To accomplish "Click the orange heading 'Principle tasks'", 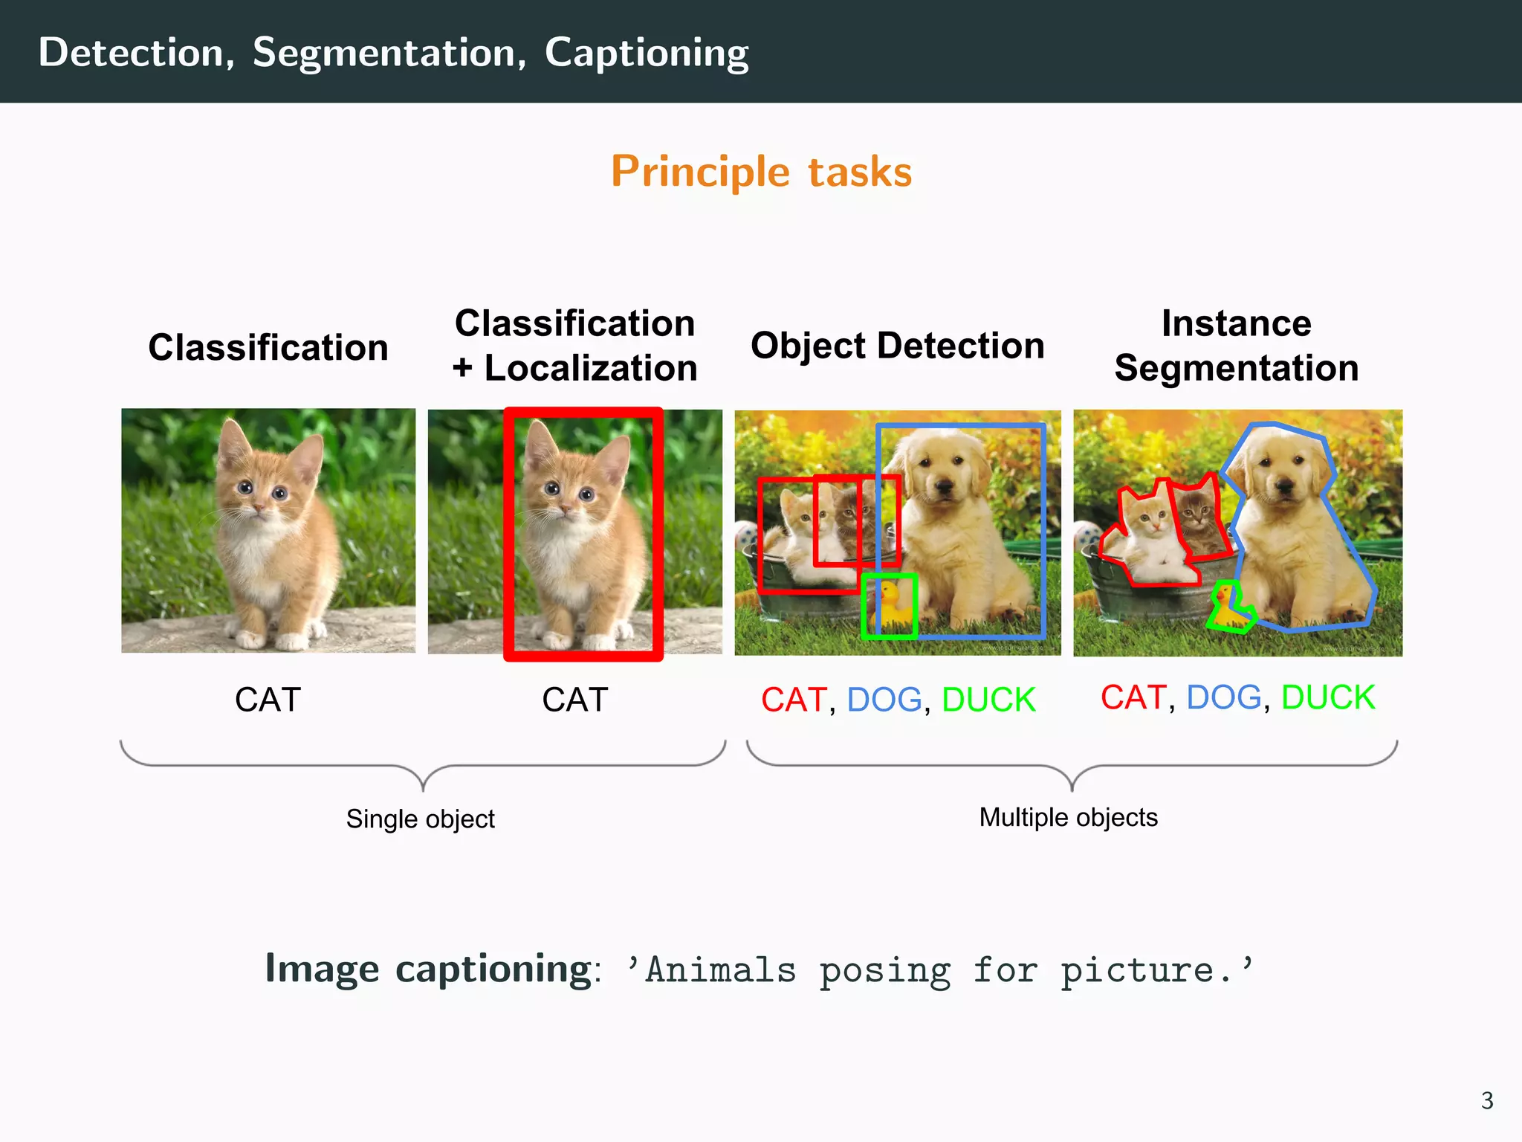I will pos(761,172).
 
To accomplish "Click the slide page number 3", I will pos(1487,1100).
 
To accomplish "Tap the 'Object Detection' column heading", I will pos(897,346).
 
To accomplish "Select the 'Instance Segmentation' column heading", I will pos(1237,346).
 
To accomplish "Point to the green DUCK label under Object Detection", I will pos(988,700).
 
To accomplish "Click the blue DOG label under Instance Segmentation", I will pos(1223,697).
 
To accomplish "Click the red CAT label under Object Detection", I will pos(794,700).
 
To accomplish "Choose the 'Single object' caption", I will pos(420,819).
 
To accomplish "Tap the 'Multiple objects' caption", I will pos(1068,817).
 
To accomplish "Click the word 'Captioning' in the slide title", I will pos(647,54).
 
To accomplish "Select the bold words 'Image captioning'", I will pos(429,969).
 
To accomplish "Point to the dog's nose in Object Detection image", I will pos(945,487).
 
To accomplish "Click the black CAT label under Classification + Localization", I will pos(574,700).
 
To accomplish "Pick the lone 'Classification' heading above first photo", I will pos(268,347).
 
